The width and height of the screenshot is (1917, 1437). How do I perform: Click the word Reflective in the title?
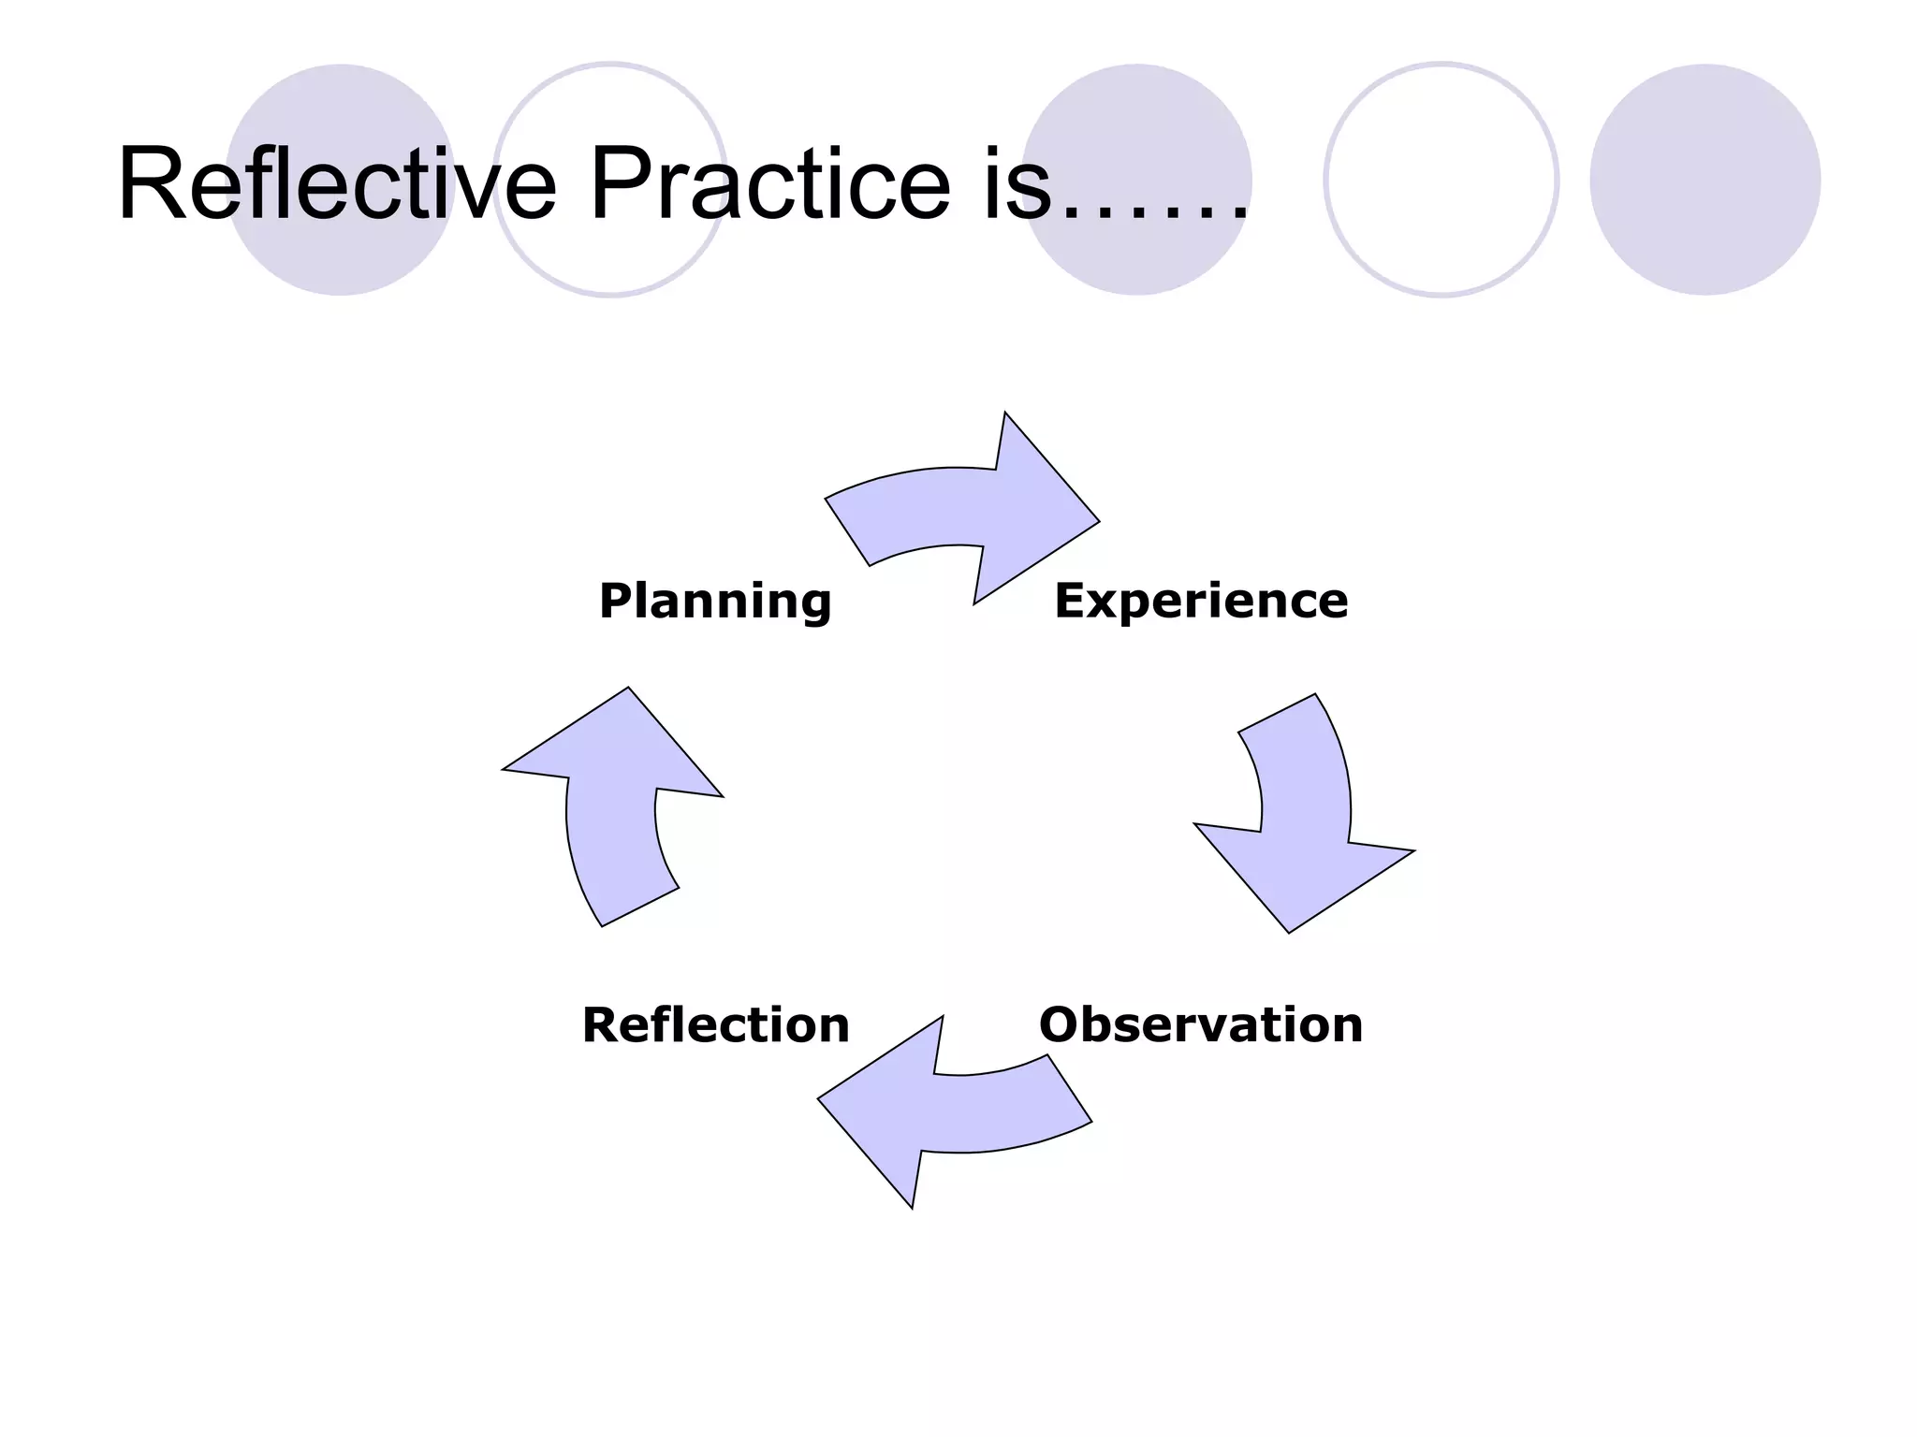337,183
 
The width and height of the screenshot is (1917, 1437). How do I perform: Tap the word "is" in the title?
1017,185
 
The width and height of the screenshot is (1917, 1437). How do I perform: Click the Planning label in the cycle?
715,601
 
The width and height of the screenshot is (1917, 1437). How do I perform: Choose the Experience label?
1201,601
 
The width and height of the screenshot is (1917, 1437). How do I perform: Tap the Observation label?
1201,1024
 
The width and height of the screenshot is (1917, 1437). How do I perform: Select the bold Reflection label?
716,1024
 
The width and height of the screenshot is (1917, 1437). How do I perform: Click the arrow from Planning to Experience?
973,510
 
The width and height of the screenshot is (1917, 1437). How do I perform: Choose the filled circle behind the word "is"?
1137,103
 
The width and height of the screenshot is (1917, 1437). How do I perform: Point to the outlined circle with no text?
1441,180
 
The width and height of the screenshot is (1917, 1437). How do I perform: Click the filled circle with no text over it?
1705,180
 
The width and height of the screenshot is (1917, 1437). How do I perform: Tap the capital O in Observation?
1061,1024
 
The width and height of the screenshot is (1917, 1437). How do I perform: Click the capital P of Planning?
617,601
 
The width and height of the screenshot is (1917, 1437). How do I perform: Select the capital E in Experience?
1071,601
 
